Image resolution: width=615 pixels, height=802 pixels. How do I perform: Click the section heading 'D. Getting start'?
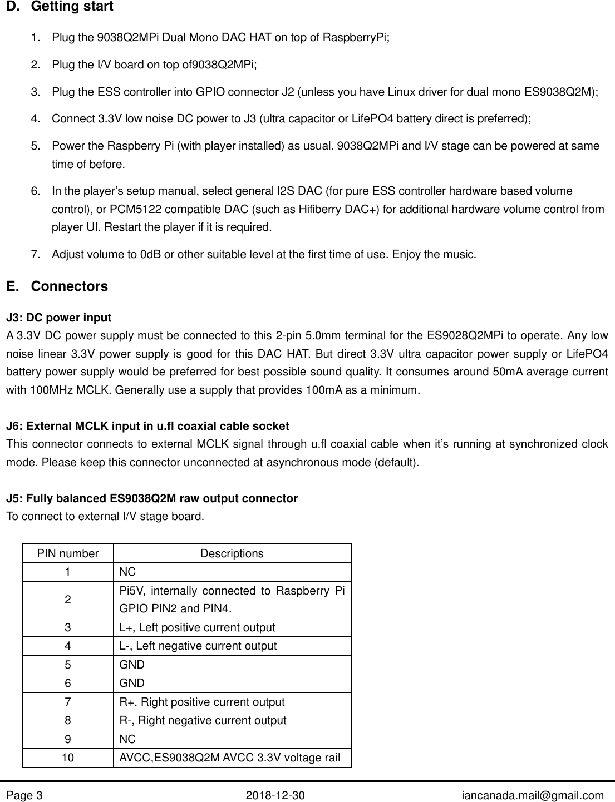tap(59, 7)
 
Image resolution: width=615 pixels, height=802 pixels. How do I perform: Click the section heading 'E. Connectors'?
tap(57, 287)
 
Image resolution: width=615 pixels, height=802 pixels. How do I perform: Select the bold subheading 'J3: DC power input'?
tap(58, 318)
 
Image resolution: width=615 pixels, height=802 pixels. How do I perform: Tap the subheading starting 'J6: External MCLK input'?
tap(147, 427)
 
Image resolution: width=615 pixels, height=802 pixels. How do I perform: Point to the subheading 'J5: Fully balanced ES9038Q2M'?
tap(151, 498)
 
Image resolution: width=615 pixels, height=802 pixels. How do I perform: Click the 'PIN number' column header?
tap(67, 554)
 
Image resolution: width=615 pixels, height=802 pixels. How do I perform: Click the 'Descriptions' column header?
tap(232, 554)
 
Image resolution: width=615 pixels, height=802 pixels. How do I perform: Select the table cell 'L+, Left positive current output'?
tap(197, 628)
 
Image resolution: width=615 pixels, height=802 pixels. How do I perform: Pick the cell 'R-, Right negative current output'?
tap(203, 721)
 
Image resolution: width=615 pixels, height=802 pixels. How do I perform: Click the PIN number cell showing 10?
tap(67, 758)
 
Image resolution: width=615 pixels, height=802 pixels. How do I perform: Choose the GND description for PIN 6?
tap(132, 684)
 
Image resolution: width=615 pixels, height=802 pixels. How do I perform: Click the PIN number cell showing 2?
tap(67, 600)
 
